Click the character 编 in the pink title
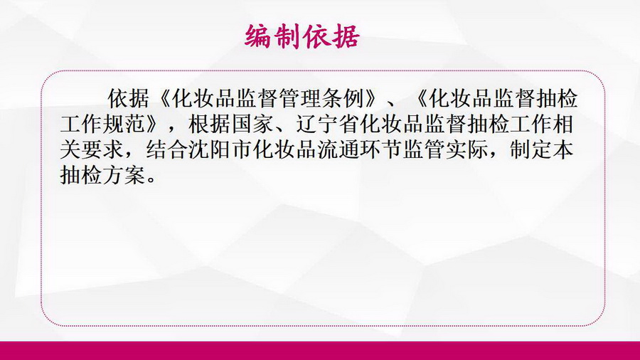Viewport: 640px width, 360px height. point(258,36)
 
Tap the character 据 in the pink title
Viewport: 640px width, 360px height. point(346,36)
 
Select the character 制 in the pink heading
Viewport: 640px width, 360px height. point(287,36)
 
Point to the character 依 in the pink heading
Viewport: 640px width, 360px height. point(317,36)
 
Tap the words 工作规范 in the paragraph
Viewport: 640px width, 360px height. point(103,124)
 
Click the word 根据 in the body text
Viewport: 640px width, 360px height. point(210,124)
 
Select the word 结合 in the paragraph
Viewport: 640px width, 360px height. point(167,150)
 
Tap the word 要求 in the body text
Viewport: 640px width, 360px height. point(103,150)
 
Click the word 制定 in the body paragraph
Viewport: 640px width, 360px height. point(530,150)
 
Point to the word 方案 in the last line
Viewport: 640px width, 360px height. point(124,176)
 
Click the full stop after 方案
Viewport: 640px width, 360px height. point(151,180)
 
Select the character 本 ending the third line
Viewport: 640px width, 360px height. point(563,150)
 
